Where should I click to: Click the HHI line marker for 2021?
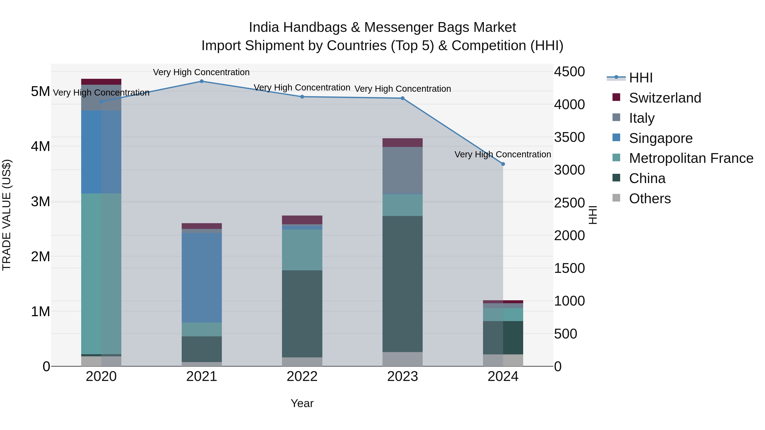click(x=202, y=81)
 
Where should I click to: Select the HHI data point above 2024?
click(x=503, y=164)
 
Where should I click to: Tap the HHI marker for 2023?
click(x=402, y=98)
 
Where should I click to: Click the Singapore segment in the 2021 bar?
click(x=202, y=278)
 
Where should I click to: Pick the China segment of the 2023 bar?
click(x=402, y=284)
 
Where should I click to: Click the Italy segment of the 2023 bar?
click(x=402, y=170)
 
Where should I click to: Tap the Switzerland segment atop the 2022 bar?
click(x=302, y=220)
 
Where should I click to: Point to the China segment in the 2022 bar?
click(x=302, y=314)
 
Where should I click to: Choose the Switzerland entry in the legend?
click(x=665, y=98)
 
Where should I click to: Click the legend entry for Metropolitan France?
click(x=691, y=158)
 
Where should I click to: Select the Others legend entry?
click(x=649, y=199)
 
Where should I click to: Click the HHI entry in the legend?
click(x=640, y=78)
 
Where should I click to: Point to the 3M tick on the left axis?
click(x=40, y=202)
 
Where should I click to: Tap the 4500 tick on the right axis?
click(x=569, y=72)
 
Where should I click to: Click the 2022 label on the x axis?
click(x=302, y=376)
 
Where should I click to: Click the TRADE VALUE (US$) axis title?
click(x=7, y=215)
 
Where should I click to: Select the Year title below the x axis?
click(x=302, y=403)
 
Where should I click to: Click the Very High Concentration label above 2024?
click(x=503, y=154)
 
